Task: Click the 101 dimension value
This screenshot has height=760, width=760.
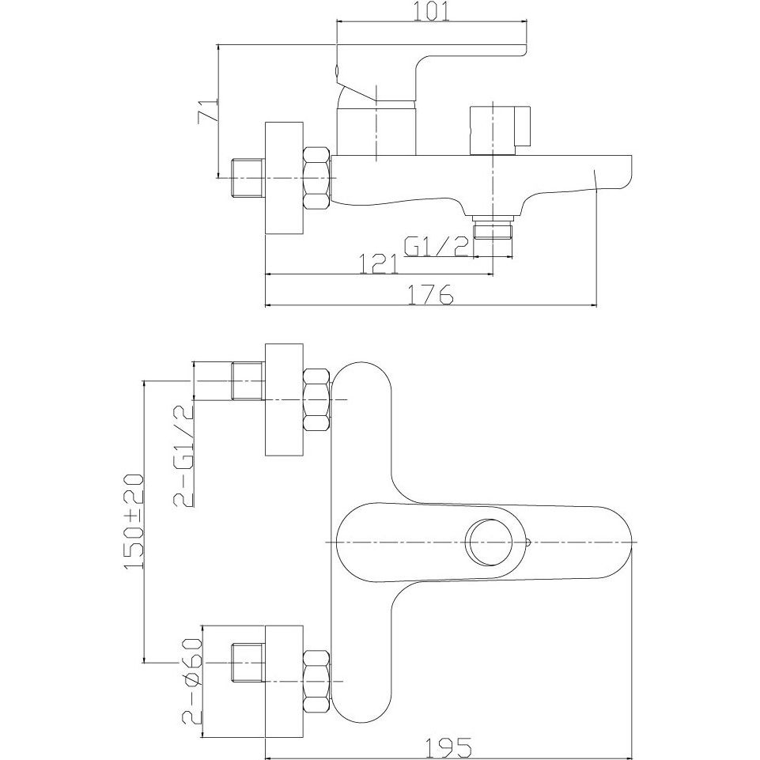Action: coord(432,12)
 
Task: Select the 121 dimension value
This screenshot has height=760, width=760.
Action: coord(379,264)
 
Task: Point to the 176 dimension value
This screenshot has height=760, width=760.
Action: coord(430,295)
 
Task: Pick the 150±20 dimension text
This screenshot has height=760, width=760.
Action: coord(134,521)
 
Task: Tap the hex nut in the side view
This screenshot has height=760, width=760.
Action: coord(317,179)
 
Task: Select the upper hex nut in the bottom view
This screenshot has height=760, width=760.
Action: coord(317,399)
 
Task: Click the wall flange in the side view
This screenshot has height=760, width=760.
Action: coord(284,179)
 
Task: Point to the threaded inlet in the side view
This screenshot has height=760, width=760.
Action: coord(248,179)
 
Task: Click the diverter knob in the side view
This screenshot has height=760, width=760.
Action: coord(500,130)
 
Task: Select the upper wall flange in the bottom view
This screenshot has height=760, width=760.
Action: coord(284,399)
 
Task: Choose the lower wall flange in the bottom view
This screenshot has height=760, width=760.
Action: coord(284,681)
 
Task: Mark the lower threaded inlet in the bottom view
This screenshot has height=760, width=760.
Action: coord(248,664)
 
